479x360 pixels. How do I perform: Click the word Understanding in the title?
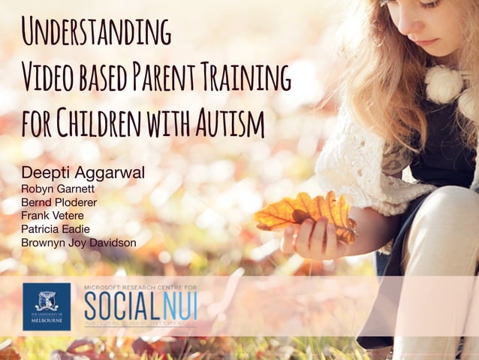click(95, 31)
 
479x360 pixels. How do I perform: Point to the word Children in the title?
click(101, 122)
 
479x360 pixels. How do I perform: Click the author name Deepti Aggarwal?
click(83, 173)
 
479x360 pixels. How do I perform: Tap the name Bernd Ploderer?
click(59, 202)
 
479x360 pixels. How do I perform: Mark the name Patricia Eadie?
click(56, 229)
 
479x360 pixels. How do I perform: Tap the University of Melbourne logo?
click(47, 306)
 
